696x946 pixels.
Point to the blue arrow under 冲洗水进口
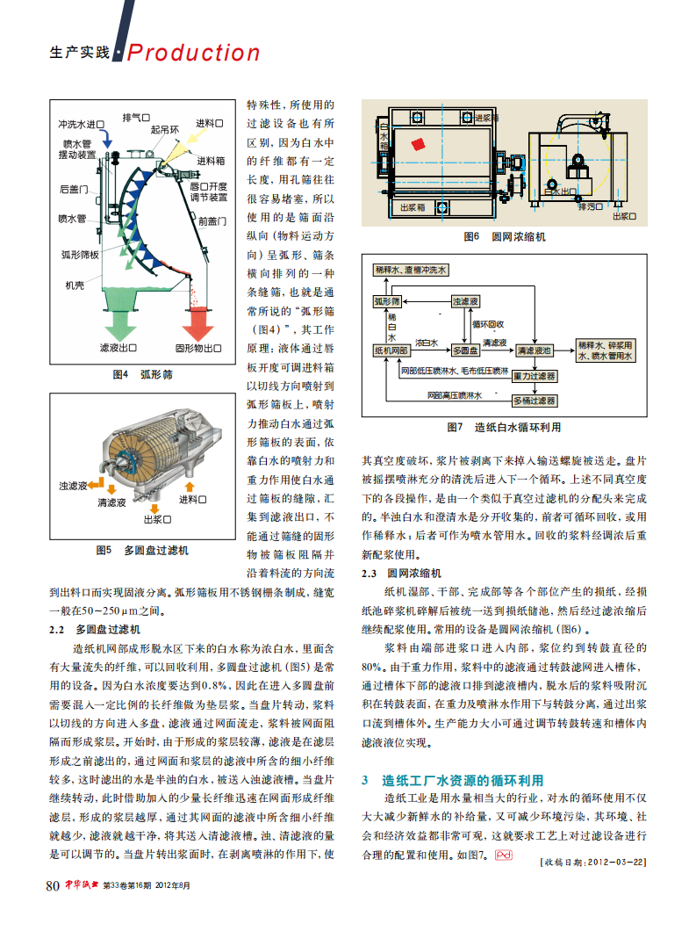pos(104,138)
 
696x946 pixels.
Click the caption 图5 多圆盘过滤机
pos(141,551)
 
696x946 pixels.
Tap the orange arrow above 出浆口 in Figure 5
pos(158,502)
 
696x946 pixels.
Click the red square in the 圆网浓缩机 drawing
pos(420,144)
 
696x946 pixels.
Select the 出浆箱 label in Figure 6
pos(413,208)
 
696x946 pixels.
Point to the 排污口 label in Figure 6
pos(571,207)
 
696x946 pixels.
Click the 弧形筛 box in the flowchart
pos(387,301)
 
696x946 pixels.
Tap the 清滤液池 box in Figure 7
pos(534,350)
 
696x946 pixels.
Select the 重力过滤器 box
pos(535,375)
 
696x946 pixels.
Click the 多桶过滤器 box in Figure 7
pos(535,400)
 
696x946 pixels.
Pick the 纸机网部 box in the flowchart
pos(391,350)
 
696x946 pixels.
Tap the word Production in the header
pos(194,53)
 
